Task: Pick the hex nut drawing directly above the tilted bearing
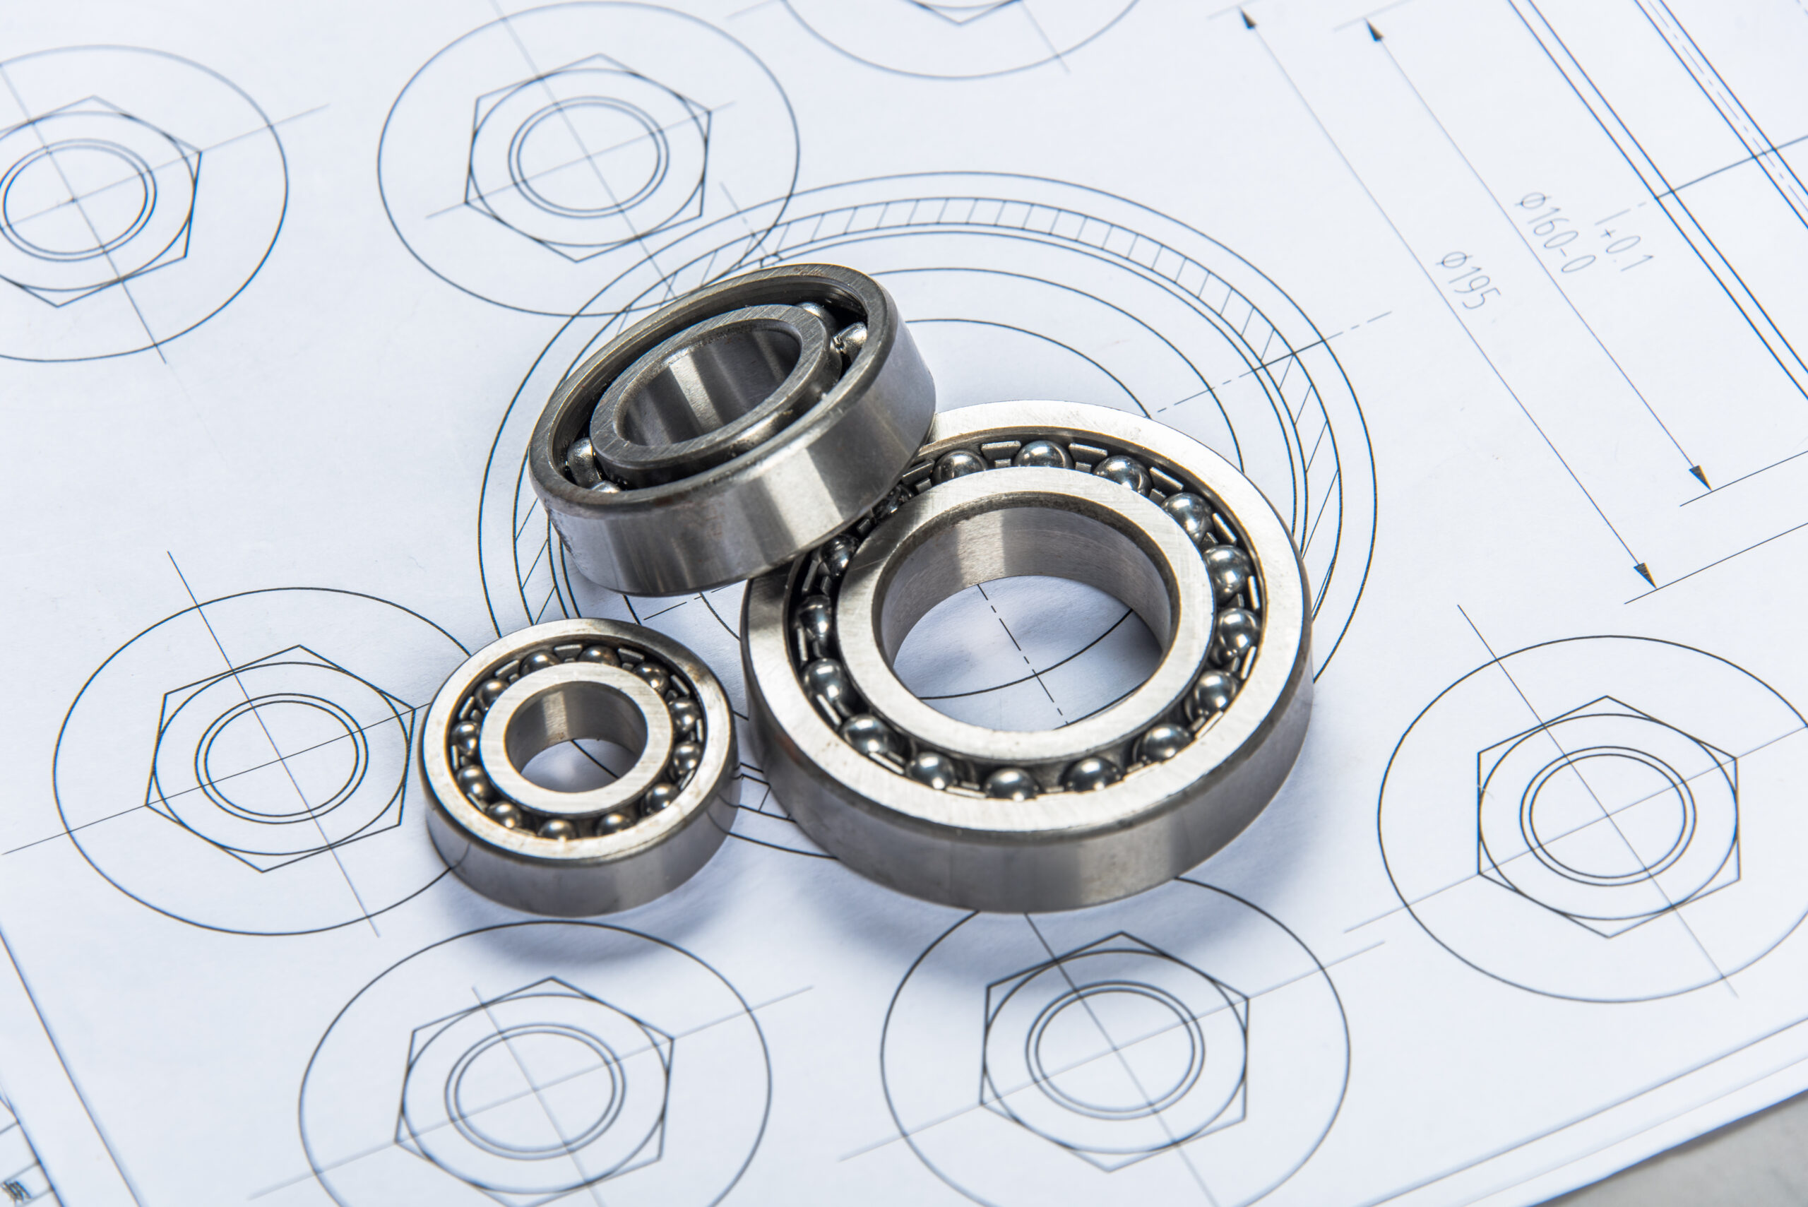[588, 157]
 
